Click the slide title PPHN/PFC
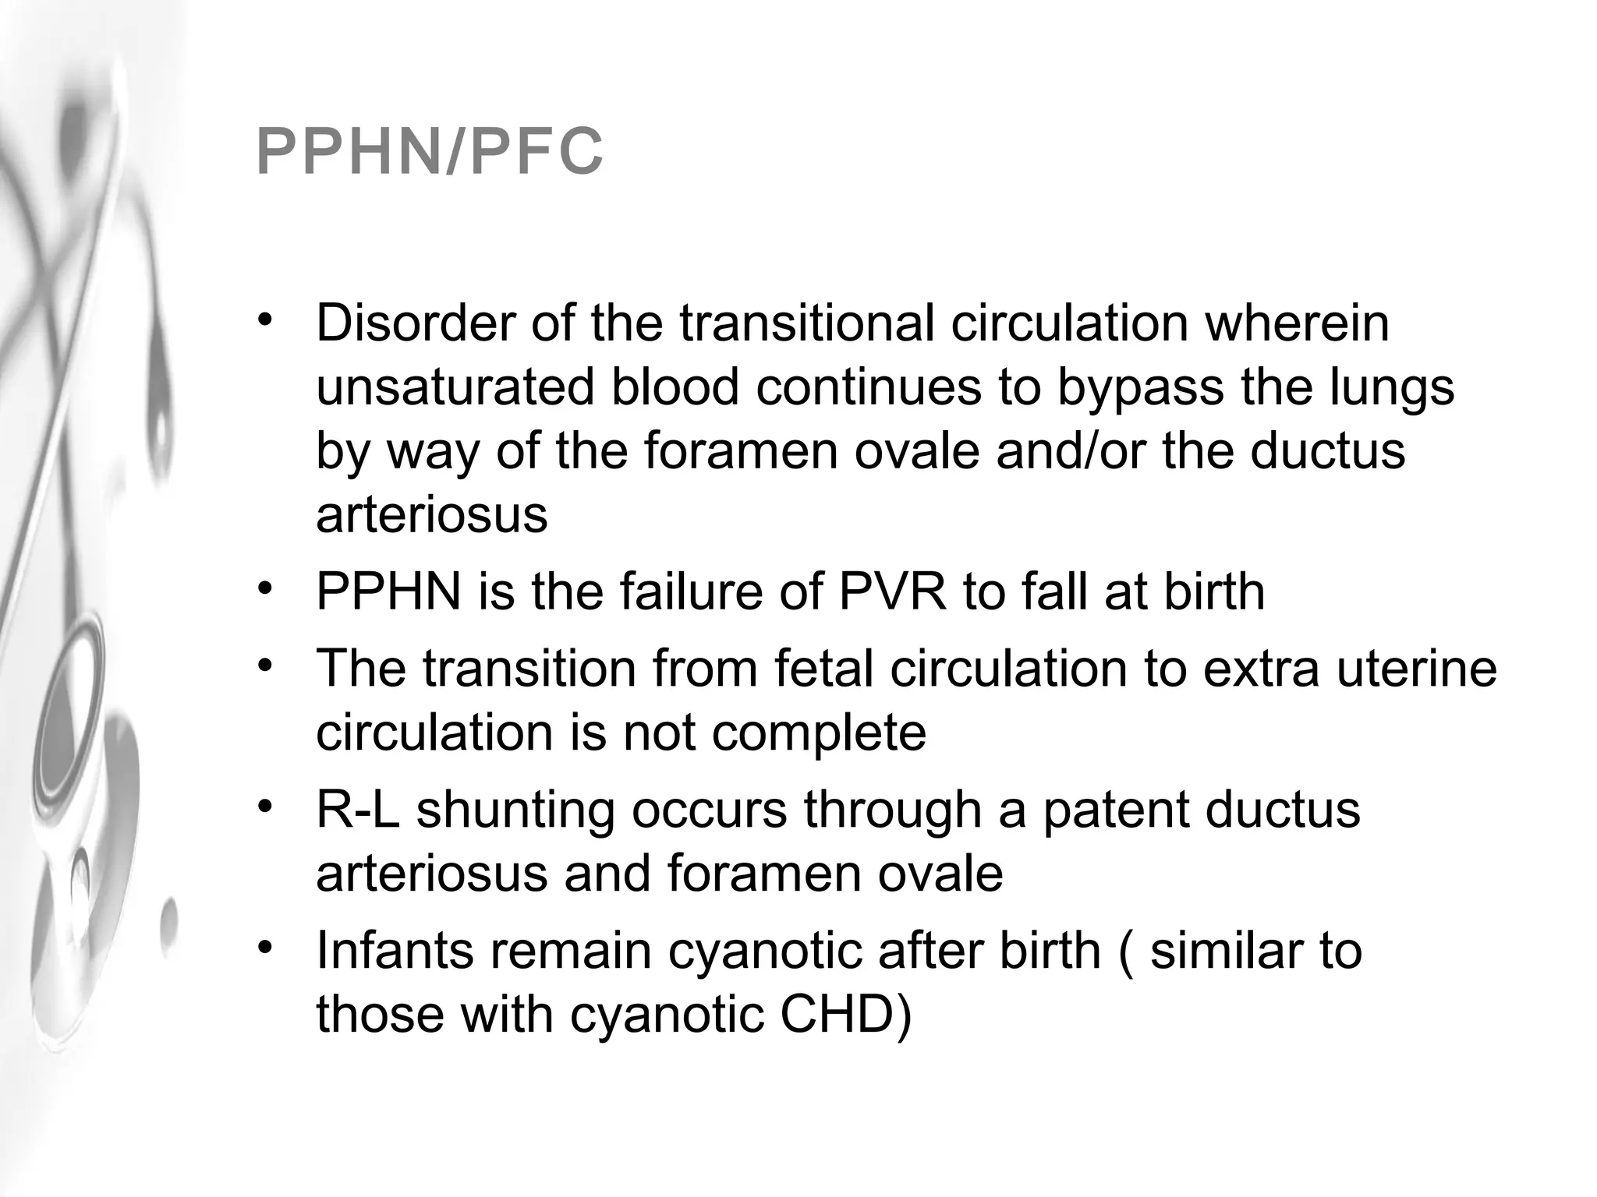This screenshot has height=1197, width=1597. click(430, 152)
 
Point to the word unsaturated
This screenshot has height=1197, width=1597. click(455, 387)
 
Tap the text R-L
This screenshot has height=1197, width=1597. click(357, 810)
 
